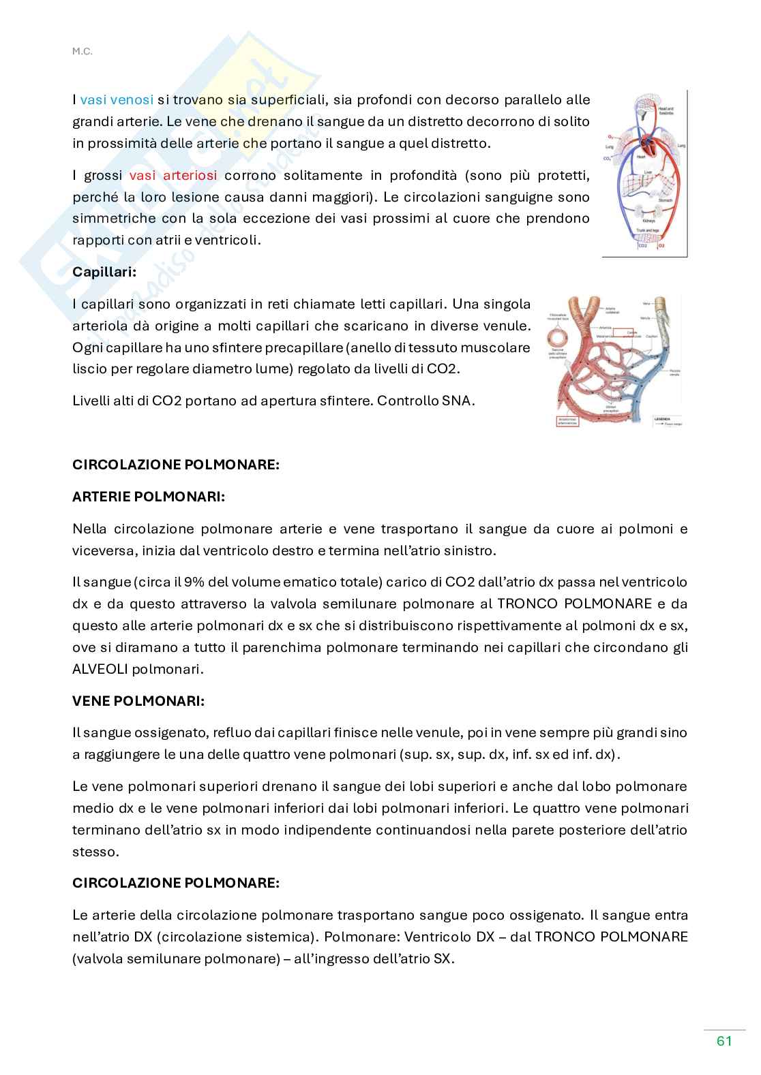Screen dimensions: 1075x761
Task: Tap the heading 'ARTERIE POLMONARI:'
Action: (x=149, y=497)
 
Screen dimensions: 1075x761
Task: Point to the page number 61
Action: (x=724, y=1042)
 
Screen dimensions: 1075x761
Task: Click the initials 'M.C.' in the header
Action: (x=80, y=50)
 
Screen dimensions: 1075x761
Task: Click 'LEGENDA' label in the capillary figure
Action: (x=662, y=418)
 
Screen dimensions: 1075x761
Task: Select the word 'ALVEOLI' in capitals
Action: (x=100, y=669)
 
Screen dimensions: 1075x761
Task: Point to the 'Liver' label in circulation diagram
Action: (x=648, y=172)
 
